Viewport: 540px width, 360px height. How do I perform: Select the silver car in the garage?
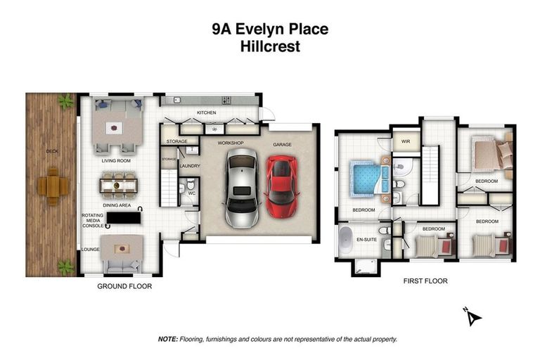coord(240,190)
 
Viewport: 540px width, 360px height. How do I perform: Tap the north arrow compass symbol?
coord(473,316)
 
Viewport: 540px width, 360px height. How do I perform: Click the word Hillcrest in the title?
coord(269,47)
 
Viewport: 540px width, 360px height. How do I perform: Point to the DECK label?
coord(52,150)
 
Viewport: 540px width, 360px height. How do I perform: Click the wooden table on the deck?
coord(53,186)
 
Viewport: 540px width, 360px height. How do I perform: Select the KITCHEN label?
coord(206,112)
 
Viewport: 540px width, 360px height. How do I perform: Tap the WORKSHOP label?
coord(230,143)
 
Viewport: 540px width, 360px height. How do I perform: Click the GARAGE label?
coord(282,144)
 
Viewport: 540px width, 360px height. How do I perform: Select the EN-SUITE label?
coord(367,240)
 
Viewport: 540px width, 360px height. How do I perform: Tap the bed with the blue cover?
coord(364,176)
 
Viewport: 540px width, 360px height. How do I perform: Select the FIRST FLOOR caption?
coord(425,281)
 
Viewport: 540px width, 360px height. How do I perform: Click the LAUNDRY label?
coord(190,166)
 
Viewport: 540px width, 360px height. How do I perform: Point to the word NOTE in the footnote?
coord(167,339)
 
